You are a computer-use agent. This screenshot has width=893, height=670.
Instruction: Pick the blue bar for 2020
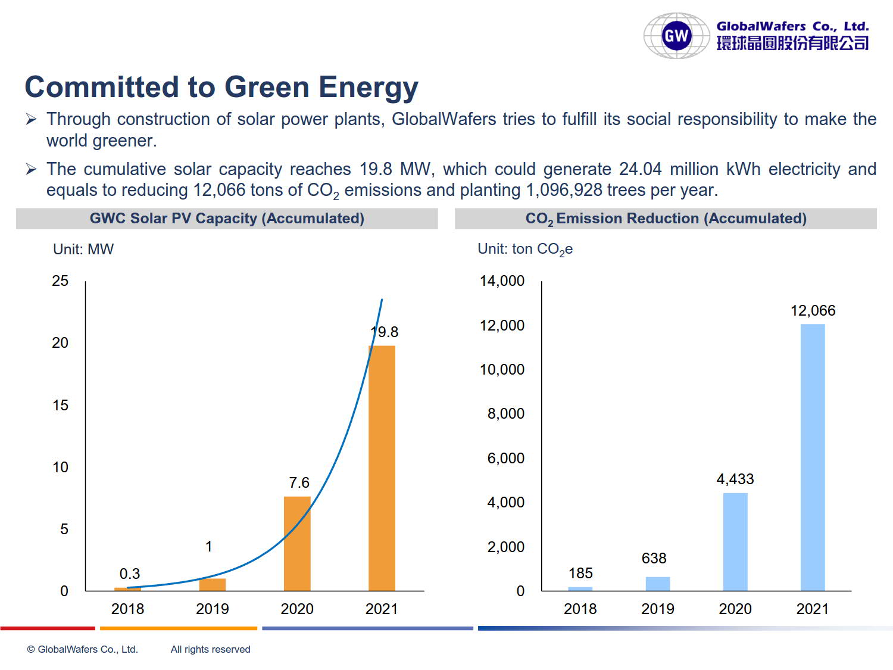[735, 542]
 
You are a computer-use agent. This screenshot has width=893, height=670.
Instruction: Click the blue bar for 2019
[658, 584]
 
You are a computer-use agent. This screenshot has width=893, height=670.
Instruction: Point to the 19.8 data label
[385, 332]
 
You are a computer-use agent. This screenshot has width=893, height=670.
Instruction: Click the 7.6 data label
[299, 482]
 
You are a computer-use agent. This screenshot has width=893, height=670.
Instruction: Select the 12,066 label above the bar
[813, 310]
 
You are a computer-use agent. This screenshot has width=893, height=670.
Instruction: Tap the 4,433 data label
[735, 479]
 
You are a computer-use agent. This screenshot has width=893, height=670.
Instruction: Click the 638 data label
[654, 558]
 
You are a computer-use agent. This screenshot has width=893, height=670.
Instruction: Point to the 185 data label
[580, 573]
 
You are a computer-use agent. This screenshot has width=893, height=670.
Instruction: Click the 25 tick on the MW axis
[60, 281]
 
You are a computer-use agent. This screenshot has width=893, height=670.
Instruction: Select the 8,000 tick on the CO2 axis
[505, 413]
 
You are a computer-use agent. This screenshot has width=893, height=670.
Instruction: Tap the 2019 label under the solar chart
[213, 609]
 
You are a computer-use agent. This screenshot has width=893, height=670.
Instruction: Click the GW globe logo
[676, 36]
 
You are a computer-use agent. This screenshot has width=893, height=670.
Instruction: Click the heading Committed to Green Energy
[221, 87]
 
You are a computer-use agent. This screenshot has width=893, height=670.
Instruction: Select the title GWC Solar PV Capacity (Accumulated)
[227, 219]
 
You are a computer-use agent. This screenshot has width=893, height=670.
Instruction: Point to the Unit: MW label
[83, 249]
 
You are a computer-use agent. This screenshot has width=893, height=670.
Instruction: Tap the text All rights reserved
[210, 649]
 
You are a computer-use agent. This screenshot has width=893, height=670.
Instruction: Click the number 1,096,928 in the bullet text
[564, 190]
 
